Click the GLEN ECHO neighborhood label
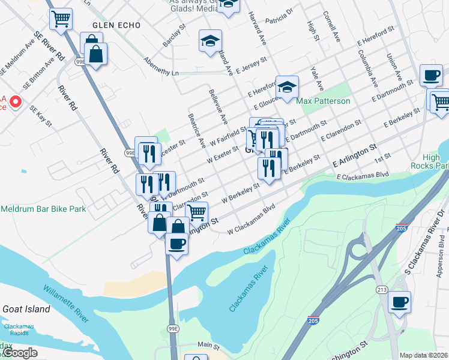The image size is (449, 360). pyautogui.click(x=116, y=25)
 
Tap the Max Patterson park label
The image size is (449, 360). pyautogui.click(x=323, y=101)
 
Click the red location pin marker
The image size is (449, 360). pyautogui.click(x=14, y=101)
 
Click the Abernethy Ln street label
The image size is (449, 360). pyautogui.click(x=161, y=66)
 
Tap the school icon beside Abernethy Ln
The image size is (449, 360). pyautogui.click(x=210, y=42)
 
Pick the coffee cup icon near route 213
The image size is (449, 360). pyautogui.click(x=399, y=303)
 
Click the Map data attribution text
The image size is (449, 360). pyautogui.click(x=424, y=355)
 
